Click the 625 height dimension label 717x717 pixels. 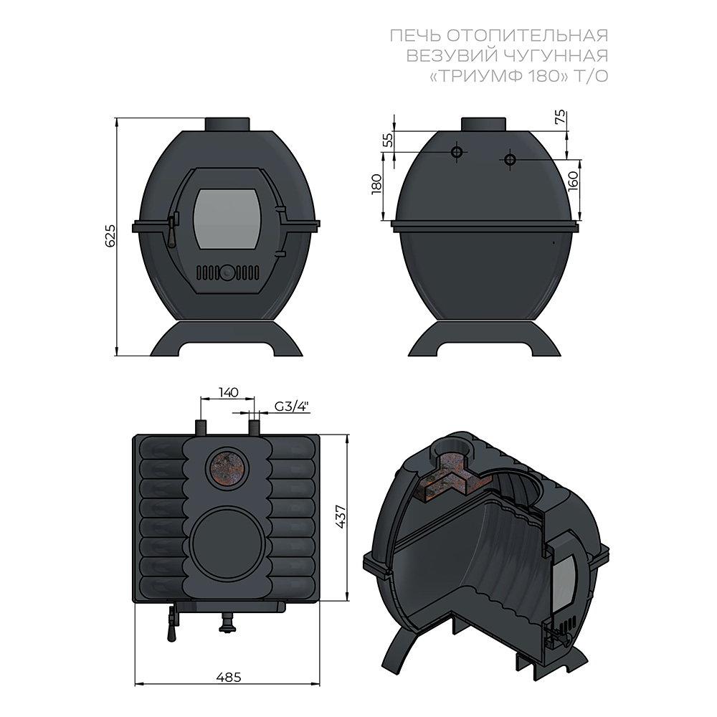coord(110,236)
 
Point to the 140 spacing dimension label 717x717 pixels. coord(228,392)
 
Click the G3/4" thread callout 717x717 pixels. coord(292,406)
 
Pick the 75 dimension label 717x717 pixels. coord(560,118)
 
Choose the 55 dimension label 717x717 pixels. coord(387,140)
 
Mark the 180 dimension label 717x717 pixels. coord(376,184)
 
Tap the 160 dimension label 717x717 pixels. coord(573,181)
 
